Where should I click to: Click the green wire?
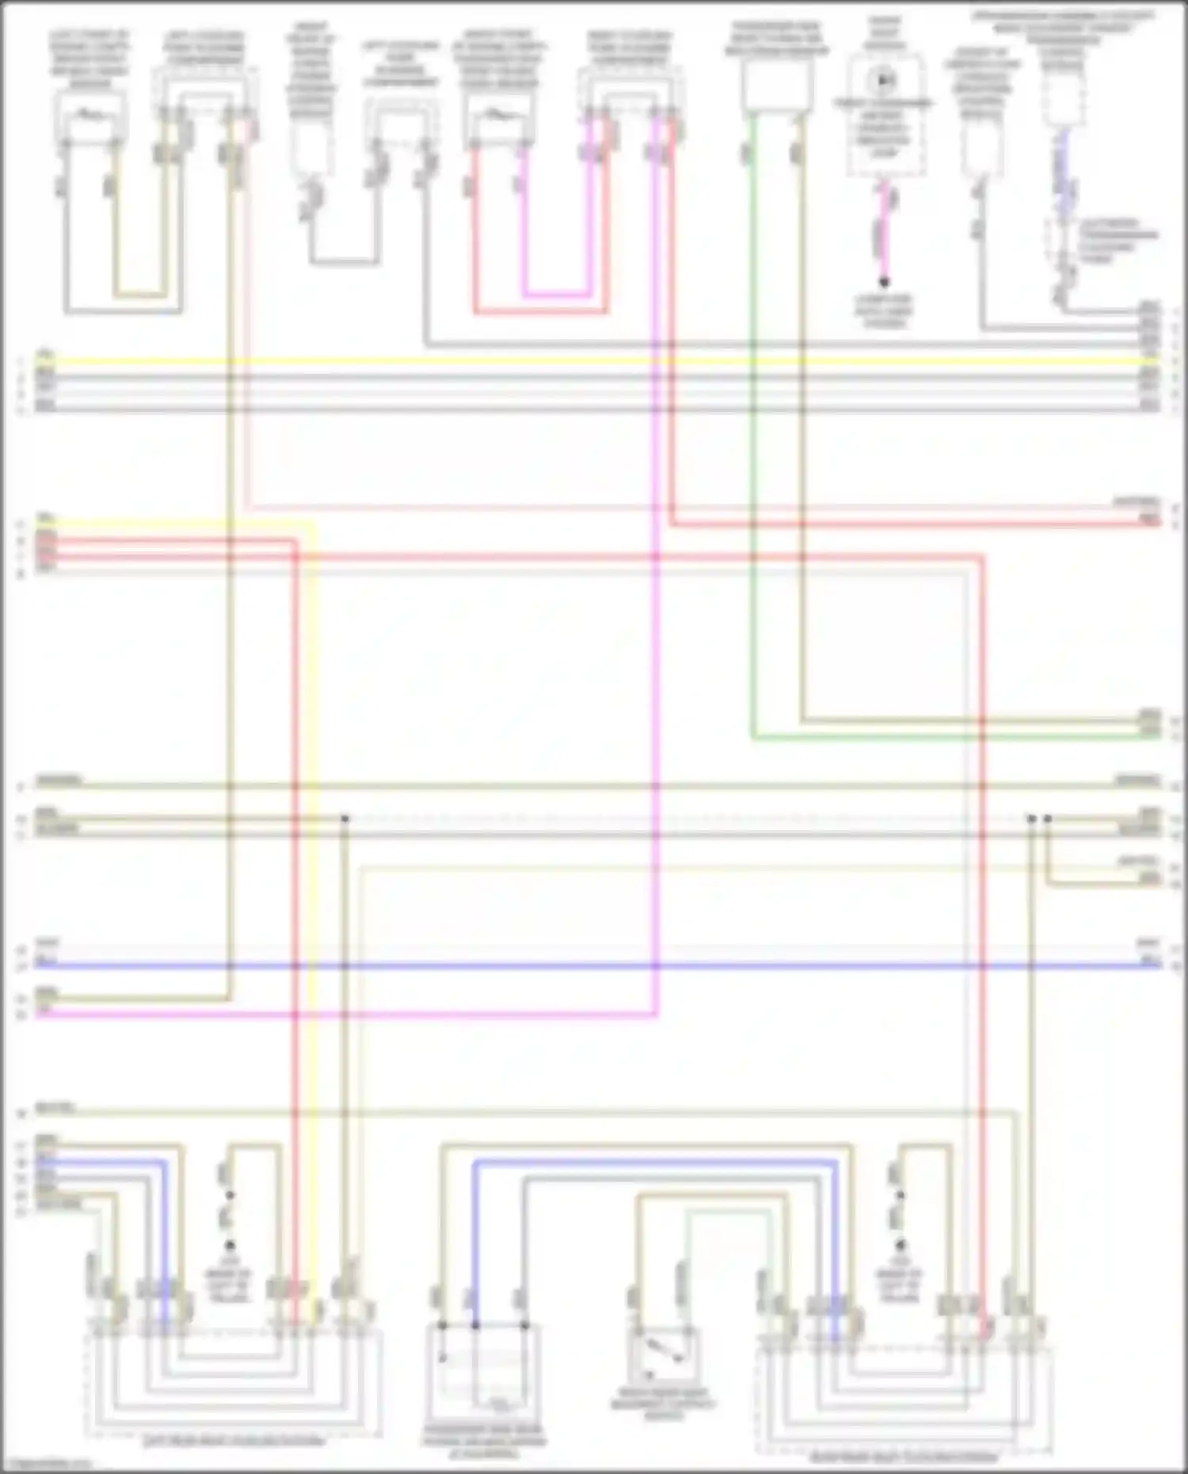[x=751, y=475]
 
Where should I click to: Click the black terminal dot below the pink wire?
[x=884, y=282]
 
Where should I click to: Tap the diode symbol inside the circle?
[x=881, y=80]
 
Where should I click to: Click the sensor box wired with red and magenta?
[x=497, y=119]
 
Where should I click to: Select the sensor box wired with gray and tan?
[x=89, y=119]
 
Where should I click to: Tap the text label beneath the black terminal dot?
[x=884, y=310]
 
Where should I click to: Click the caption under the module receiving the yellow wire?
[x=234, y=1441]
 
